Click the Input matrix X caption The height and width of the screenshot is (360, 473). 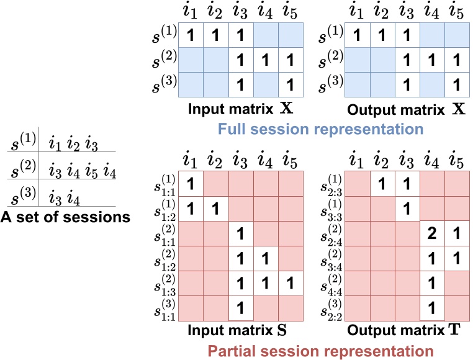click(241, 112)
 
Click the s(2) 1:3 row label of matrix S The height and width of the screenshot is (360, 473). click(167, 282)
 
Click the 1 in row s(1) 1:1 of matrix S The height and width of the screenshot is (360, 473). click(191, 184)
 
